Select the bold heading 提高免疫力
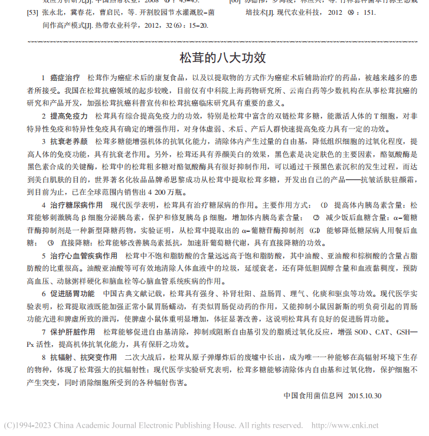(69, 116)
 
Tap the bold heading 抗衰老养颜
(69, 142)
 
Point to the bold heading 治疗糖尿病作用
(77, 205)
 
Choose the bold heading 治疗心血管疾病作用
(83, 255)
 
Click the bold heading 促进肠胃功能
(73, 293)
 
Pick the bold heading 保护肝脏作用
(73, 332)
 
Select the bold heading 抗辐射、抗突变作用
(83, 358)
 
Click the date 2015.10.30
(365, 396)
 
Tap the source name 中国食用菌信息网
(313, 396)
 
